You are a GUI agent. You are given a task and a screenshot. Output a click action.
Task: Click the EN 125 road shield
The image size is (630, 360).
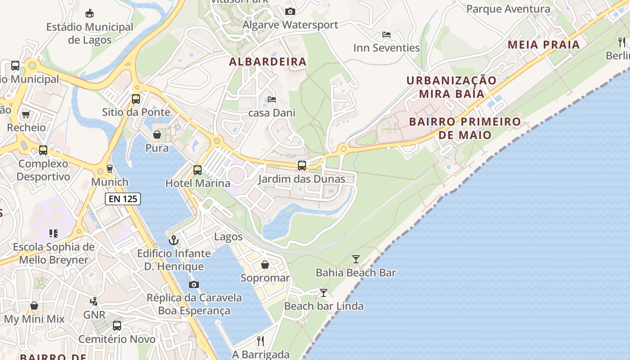(x=123, y=198)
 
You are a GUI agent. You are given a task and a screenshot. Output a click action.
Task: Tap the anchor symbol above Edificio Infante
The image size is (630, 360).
(x=174, y=240)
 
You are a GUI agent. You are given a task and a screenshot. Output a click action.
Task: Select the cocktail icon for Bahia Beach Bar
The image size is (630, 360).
(x=356, y=259)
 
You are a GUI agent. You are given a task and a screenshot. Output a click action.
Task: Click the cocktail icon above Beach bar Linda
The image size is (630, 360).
(x=324, y=293)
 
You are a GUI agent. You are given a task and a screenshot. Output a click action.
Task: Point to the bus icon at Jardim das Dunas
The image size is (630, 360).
(x=302, y=166)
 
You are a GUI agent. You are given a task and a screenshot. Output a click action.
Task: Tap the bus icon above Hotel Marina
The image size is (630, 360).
(x=198, y=170)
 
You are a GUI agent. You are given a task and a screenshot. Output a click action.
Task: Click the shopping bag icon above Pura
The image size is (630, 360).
(x=157, y=135)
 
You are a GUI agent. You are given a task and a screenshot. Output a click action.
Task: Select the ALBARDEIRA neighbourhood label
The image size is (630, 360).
(x=268, y=62)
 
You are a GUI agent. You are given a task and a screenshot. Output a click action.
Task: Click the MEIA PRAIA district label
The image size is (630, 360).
(x=544, y=45)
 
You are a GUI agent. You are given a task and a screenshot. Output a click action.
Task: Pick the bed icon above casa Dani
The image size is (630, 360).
(x=272, y=99)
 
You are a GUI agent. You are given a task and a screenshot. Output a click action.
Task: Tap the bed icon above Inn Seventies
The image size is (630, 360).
(x=387, y=35)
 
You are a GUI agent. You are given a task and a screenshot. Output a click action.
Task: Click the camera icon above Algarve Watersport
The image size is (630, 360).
(x=290, y=11)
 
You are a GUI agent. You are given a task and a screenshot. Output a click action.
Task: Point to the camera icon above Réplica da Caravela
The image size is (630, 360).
(x=194, y=284)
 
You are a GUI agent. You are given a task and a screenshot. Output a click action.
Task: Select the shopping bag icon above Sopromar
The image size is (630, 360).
(x=265, y=265)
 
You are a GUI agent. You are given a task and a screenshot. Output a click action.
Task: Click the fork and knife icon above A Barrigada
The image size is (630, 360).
(x=261, y=341)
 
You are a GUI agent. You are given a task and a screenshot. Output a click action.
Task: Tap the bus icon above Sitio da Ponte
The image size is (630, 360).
(x=136, y=99)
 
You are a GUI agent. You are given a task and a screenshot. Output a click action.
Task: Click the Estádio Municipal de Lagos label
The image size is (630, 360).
(x=90, y=33)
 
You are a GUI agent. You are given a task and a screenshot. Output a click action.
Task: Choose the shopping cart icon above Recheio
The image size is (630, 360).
(x=26, y=114)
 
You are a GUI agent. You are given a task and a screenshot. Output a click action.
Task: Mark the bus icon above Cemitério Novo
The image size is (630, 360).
(x=117, y=325)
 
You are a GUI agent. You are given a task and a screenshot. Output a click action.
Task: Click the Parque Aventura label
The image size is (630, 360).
(x=508, y=9)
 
